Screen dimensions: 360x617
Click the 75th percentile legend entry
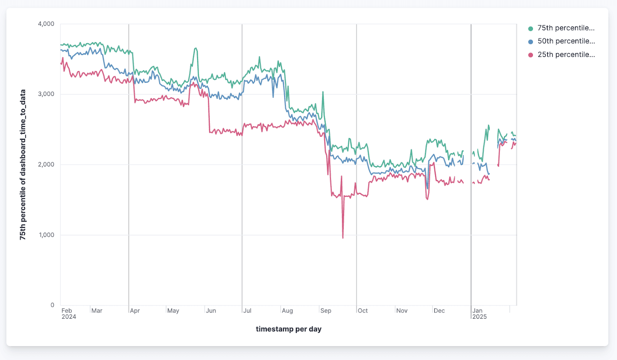tap(565, 28)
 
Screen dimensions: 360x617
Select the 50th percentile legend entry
tap(566, 41)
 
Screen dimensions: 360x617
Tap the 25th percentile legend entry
tap(566, 55)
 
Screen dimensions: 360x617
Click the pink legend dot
tap(531, 55)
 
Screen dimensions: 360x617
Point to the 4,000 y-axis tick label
tap(46, 24)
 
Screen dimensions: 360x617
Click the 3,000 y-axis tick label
tap(46, 94)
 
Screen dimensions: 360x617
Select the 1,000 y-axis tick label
tap(46, 235)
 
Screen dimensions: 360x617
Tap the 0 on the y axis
tap(52, 305)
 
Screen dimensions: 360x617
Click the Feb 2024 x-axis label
tap(69, 314)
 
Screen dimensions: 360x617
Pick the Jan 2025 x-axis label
tap(479, 314)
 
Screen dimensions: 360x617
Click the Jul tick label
tap(247, 311)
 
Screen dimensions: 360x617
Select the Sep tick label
tap(325, 311)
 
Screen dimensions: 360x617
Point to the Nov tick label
tap(402, 311)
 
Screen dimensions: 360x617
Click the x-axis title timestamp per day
tap(288, 329)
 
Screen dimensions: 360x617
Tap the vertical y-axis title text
tap(23, 165)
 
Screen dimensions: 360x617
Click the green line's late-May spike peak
tap(196, 48)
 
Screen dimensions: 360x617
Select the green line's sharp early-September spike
tap(323, 92)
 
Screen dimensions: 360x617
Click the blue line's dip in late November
tap(427, 188)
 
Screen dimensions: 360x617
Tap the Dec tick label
tap(439, 311)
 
